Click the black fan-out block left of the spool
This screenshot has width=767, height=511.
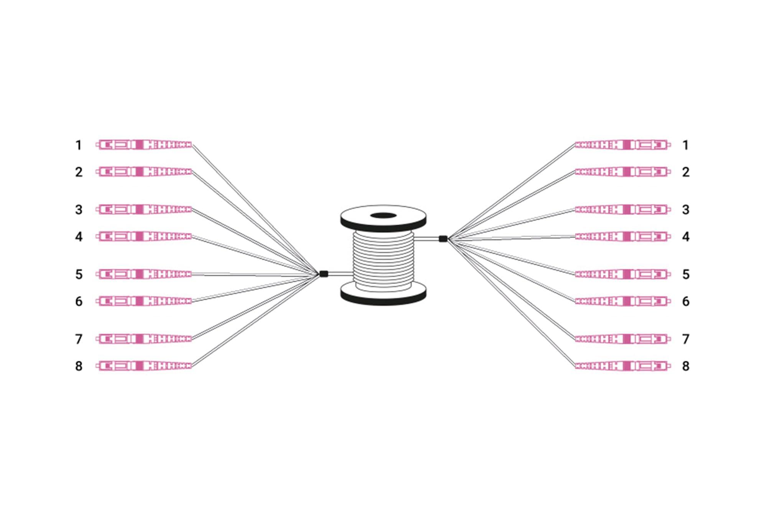(324, 274)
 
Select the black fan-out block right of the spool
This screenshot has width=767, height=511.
(443, 239)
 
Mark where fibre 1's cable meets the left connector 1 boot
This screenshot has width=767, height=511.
(192, 145)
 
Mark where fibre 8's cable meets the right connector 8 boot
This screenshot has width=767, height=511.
(575, 366)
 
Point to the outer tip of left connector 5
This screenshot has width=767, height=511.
(96, 274)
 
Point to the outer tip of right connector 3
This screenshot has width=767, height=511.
(671, 209)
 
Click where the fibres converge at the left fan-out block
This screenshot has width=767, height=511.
(319, 274)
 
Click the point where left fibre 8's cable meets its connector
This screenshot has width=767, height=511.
(192, 366)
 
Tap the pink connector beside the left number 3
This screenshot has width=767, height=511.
(144, 209)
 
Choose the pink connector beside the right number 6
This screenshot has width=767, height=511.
(623, 301)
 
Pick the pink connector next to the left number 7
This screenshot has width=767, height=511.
(144, 339)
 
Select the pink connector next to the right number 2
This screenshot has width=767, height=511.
(623, 172)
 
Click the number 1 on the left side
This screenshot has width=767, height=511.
(79, 145)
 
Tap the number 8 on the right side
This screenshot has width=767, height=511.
(686, 366)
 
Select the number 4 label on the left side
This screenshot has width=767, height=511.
(79, 237)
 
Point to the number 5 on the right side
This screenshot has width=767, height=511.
(686, 274)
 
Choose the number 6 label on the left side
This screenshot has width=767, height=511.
(79, 301)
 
